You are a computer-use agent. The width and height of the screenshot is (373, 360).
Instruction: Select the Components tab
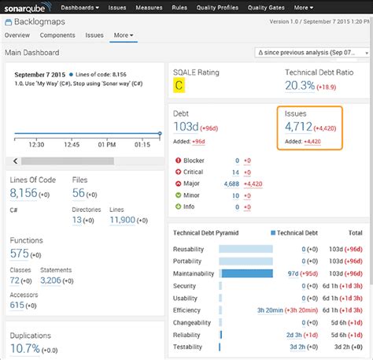click(x=57, y=35)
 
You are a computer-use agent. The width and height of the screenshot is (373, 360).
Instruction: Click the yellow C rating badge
click(x=180, y=86)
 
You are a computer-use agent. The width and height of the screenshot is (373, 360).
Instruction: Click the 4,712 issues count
click(x=297, y=127)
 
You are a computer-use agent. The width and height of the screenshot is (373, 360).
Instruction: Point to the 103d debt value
click(x=186, y=127)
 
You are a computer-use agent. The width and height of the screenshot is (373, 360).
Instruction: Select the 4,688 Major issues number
click(x=231, y=183)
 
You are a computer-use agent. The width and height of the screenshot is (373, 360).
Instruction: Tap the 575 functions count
click(x=19, y=254)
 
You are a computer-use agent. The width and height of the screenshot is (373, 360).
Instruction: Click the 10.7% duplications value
click(x=24, y=348)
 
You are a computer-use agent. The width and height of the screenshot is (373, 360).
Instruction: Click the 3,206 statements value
click(x=50, y=280)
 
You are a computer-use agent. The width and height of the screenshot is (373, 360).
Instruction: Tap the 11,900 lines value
click(x=122, y=220)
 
